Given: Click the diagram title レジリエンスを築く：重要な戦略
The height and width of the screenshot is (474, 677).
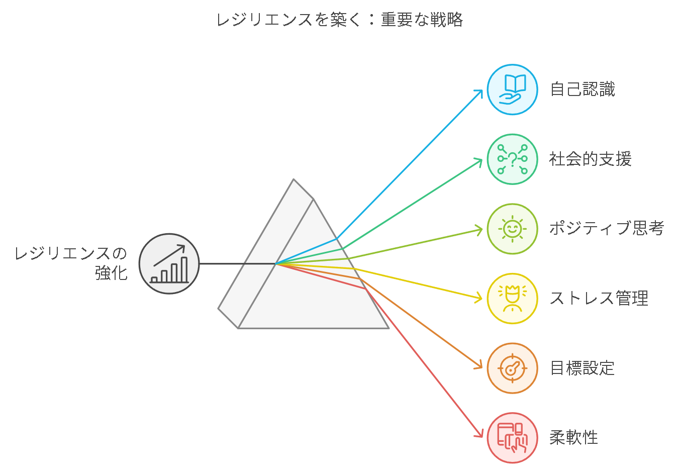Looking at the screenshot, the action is [340, 20].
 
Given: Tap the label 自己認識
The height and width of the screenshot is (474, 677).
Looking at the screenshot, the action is [583, 89].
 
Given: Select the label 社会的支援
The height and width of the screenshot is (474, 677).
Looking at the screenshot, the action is [590, 159].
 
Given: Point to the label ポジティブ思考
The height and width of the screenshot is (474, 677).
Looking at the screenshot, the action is [607, 228].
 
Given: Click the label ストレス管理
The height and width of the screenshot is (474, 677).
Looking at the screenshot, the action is [599, 298].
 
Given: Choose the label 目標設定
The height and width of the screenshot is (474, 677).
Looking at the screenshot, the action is [583, 368].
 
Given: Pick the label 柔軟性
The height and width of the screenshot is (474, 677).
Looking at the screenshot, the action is [573, 437].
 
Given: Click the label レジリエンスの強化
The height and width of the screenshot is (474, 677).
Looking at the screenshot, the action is [71, 263].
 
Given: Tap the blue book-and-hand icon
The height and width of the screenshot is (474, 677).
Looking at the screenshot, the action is [512, 89].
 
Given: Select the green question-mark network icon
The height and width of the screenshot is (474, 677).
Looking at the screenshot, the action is [512, 159].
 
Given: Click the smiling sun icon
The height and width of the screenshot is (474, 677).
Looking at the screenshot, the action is [512, 229].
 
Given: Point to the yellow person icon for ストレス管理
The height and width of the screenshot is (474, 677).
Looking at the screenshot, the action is [512, 299].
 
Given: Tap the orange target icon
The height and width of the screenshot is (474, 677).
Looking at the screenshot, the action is [512, 368].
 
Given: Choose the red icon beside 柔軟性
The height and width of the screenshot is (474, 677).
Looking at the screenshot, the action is [512, 438].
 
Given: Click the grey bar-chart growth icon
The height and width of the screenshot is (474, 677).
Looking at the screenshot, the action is [169, 263].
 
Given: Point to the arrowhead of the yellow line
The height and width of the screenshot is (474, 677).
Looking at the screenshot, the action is [479, 298].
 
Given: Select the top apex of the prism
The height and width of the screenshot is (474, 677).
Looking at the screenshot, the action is [294, 179].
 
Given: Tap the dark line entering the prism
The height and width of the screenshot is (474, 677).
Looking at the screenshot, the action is [237, 264].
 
